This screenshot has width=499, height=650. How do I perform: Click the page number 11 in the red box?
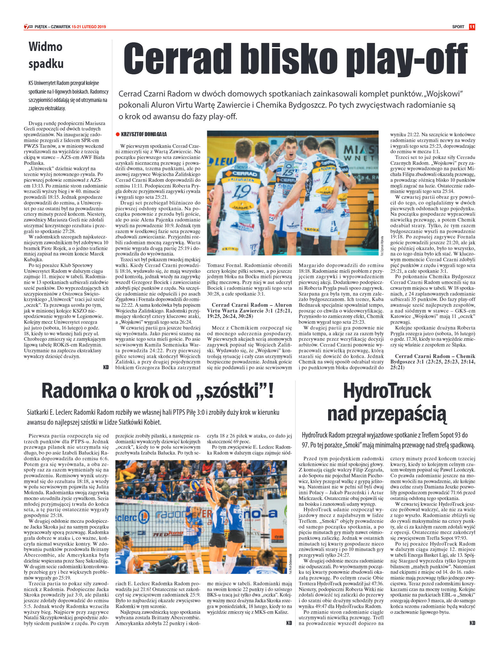[472, 27]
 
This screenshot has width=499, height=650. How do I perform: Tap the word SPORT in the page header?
[458, 27]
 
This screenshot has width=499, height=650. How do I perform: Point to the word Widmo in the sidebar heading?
[45, 47]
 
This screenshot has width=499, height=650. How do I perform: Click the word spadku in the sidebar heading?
[46, 64]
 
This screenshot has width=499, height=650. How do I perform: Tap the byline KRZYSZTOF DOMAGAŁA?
[144, 134]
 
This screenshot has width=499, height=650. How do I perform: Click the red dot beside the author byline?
[118, 134]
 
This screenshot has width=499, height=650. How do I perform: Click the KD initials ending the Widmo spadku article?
[106, 368]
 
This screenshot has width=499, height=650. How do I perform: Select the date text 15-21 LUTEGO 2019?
[89, 27]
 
